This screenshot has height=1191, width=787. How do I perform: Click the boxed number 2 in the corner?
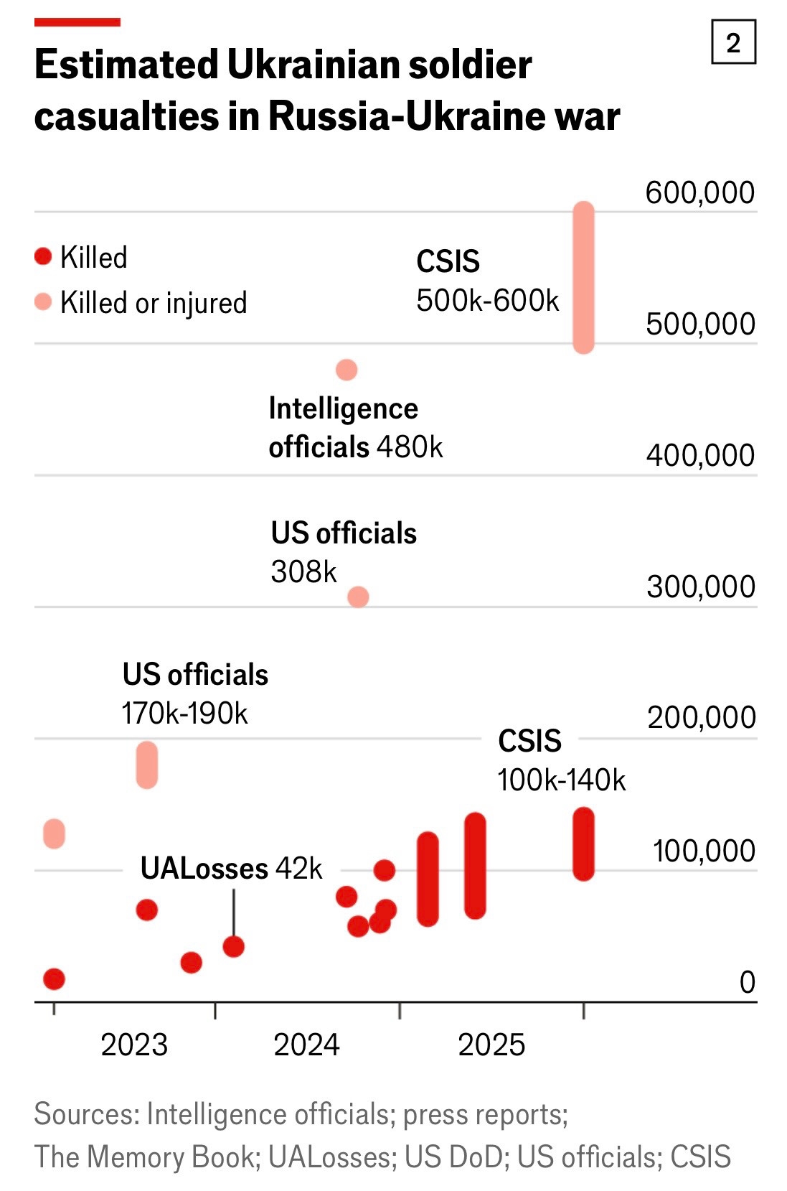click(x=733, y=43)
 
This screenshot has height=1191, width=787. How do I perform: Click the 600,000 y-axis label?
click(x=699, y=192)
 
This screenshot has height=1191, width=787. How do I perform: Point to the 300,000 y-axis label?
click(x=700, y=587)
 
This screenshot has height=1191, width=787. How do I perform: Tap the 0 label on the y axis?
click(x=747, y=982)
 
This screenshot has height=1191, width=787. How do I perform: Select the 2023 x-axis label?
click(x=134, y=1045)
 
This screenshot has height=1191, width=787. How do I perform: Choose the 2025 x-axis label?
click(x=491, y=1045)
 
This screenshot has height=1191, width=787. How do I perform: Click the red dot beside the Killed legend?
click(x=43, y=256)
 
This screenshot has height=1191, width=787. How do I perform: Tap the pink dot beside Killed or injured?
click(x=43, y=302)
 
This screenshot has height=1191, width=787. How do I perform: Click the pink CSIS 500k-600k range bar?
click(x=584, y=278)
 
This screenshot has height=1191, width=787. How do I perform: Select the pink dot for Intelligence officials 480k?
click(x=347, y=370)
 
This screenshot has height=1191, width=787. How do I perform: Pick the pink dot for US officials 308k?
click(x=358, y=597)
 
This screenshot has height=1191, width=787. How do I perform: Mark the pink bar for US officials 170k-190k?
click(x=146, y=765)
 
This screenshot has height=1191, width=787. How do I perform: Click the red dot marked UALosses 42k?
click(x=234, y=946)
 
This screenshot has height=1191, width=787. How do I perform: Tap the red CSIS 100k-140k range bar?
click(x=584, y=844)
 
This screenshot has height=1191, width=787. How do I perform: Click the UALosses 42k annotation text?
click(x=231, y=869)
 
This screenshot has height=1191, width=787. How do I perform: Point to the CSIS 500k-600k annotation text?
click(x=486, y=281)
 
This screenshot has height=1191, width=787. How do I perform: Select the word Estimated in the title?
click(x=126, y=65)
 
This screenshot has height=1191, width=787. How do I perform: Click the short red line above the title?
click(x=77, y=22)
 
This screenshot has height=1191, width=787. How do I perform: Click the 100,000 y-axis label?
click(x=703, y=851)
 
